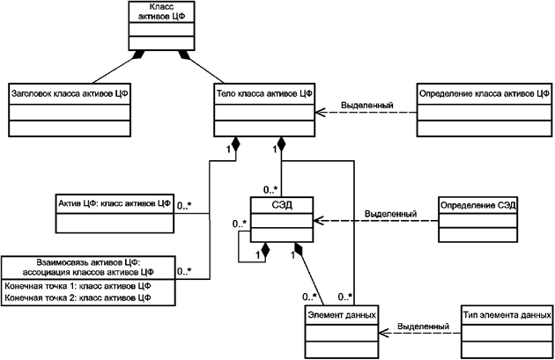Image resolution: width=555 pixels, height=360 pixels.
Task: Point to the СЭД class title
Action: [280, 204]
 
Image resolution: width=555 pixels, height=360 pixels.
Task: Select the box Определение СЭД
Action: [477, 204]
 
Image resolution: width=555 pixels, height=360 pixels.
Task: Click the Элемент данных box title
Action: [342, 313]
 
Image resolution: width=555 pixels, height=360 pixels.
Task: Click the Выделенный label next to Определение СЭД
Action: [389, 214]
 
